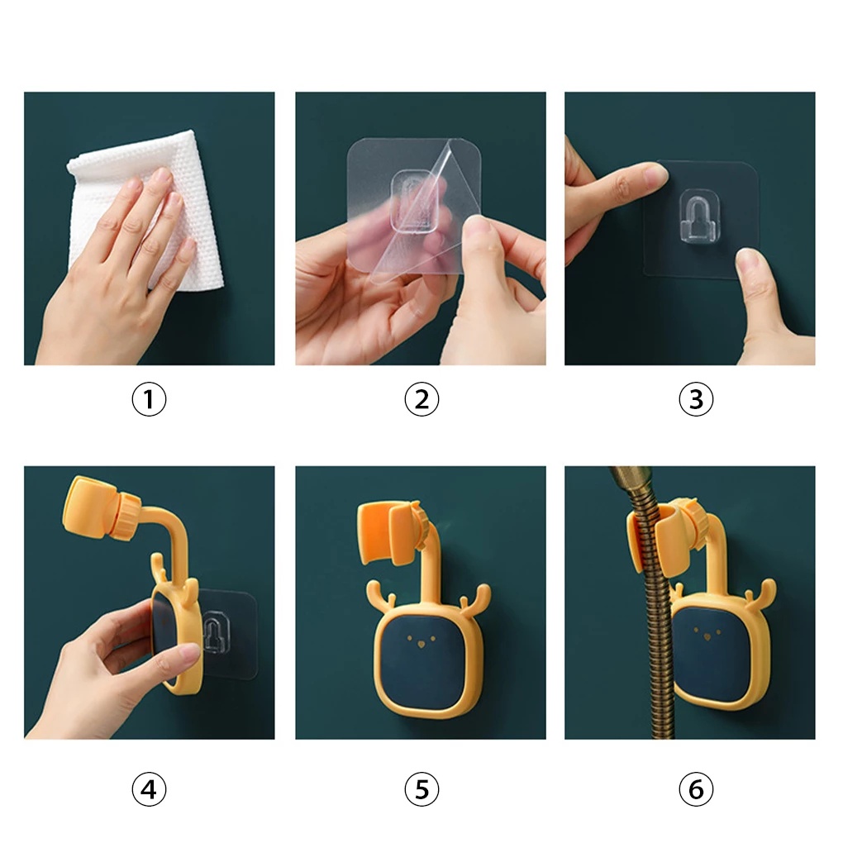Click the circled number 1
[x=149, y=399]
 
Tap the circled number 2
[x=421, y=399]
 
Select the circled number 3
[x=696, y=399]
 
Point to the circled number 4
[x=149, y=789]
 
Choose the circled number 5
[x=421, y=789]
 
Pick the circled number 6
[x=696, y=789]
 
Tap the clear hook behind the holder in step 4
[x=217, y=631]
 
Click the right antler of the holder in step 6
[x=762, y=596]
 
